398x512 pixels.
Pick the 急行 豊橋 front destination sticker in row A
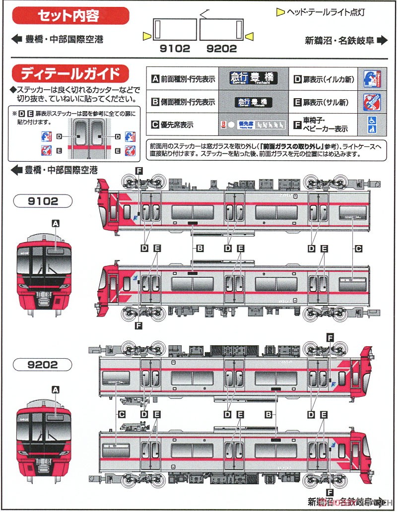[x=254, y=78]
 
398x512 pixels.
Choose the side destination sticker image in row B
[x=254, y=102]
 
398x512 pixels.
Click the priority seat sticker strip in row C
[x=254, y=125]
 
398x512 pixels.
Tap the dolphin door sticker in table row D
[x=371, y=78]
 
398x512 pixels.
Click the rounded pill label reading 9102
[x=44, y=201]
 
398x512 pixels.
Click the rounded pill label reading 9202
[x=44, y=365]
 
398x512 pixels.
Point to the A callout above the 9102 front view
[x=56, y=224]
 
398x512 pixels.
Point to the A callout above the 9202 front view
[x=56, y=390]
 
